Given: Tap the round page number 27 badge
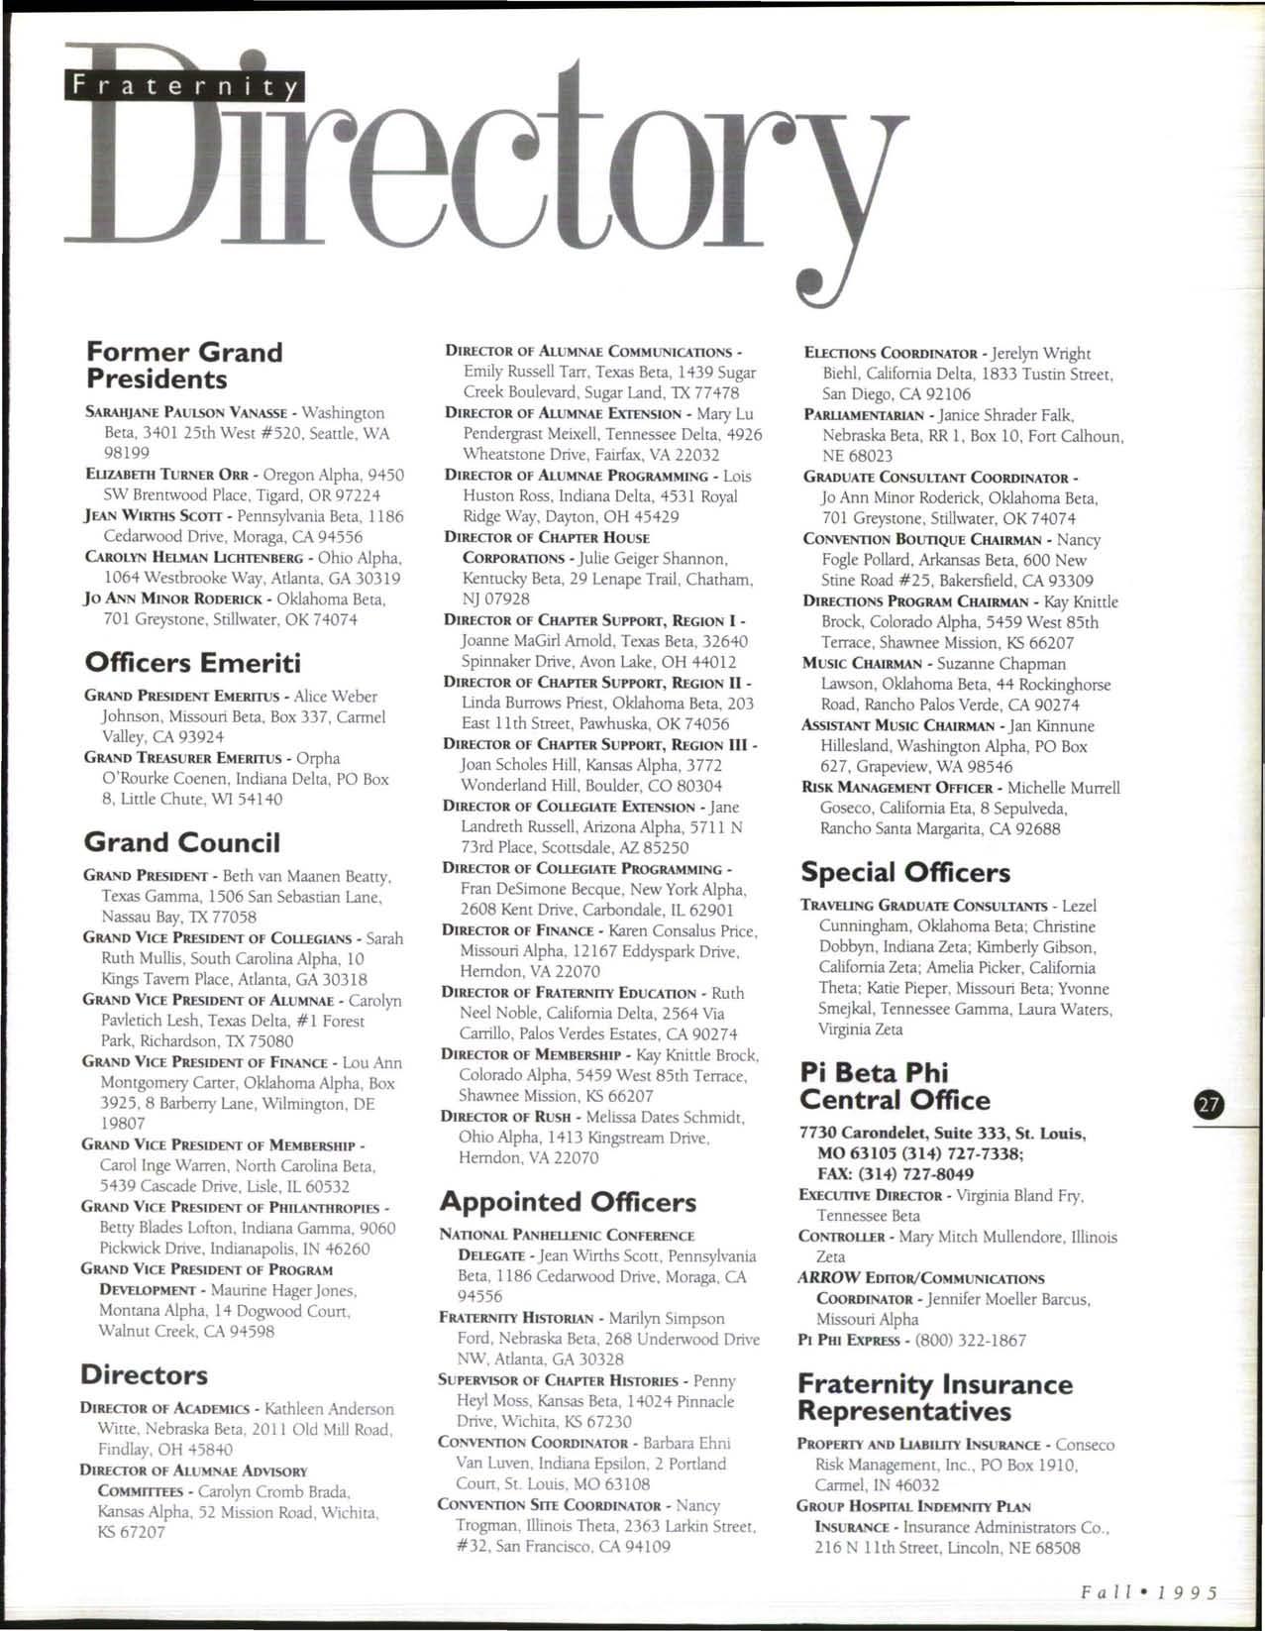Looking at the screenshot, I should click(x=1209, y=1106).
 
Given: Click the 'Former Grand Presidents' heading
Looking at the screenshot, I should click(x=184, y=366).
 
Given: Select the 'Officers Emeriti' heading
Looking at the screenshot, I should click(x=192, y=662).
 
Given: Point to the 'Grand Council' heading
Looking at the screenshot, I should click(x=182, y=842).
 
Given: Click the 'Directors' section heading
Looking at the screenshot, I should click(x=144, y=1374).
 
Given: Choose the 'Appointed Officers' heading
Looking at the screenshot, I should click(x=568, y=1202).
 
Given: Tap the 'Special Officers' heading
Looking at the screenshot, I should click(x=904, y=872).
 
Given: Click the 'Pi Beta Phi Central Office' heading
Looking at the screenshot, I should click(x=894, y=1086).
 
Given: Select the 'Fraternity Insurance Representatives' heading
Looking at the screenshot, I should click(x=934, y=1397).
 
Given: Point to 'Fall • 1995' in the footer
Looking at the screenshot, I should click(x=1149, y=1593).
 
